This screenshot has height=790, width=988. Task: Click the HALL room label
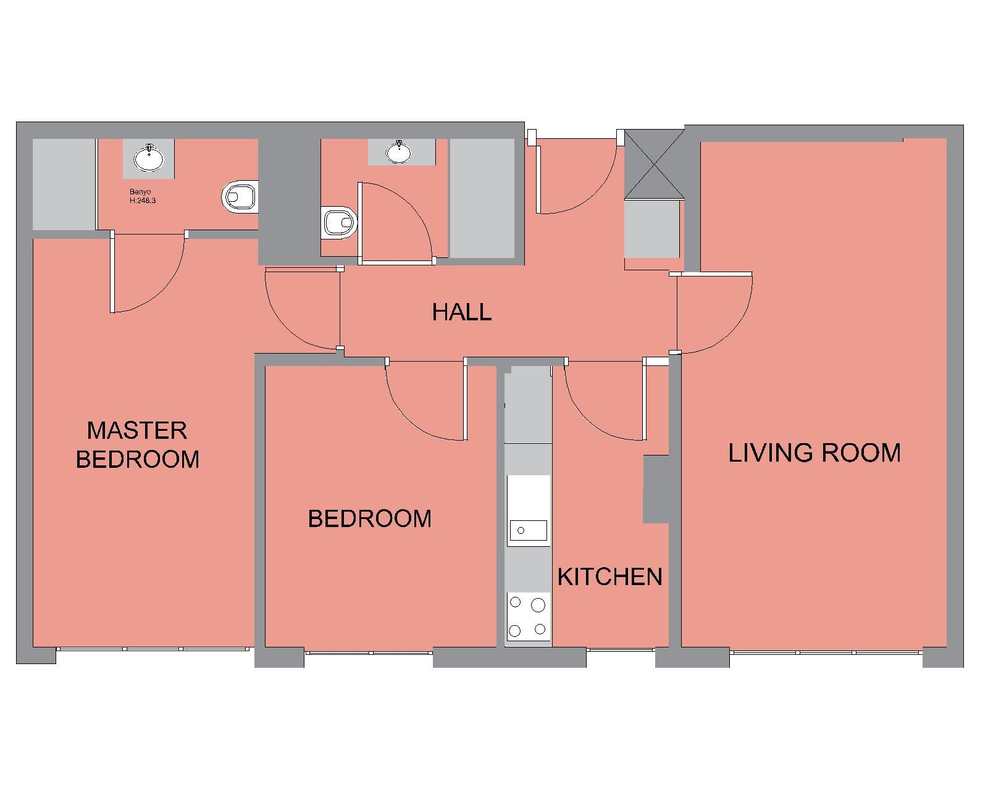(462, 312)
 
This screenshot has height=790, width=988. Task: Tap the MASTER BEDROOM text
(138, 445)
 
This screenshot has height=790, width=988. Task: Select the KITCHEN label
(609, 576)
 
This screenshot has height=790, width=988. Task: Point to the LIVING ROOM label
(814, 452)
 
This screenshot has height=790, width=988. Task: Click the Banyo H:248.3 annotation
(143, 196)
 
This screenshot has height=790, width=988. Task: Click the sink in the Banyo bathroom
(148, 158)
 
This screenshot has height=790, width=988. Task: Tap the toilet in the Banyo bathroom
(239, 197)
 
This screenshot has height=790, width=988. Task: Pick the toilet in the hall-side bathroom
(340, 223)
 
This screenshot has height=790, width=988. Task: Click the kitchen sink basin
(529, 531)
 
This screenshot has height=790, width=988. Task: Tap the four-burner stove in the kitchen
(528, 617)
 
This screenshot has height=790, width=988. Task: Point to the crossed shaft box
(654, 164)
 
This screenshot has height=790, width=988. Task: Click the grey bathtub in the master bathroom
(64, 184)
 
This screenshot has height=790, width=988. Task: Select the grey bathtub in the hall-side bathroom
(482, 198)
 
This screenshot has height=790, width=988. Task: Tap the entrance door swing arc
(592, 192)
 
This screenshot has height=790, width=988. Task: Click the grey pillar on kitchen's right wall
(656, 489)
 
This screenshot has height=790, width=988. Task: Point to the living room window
(826, 652)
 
